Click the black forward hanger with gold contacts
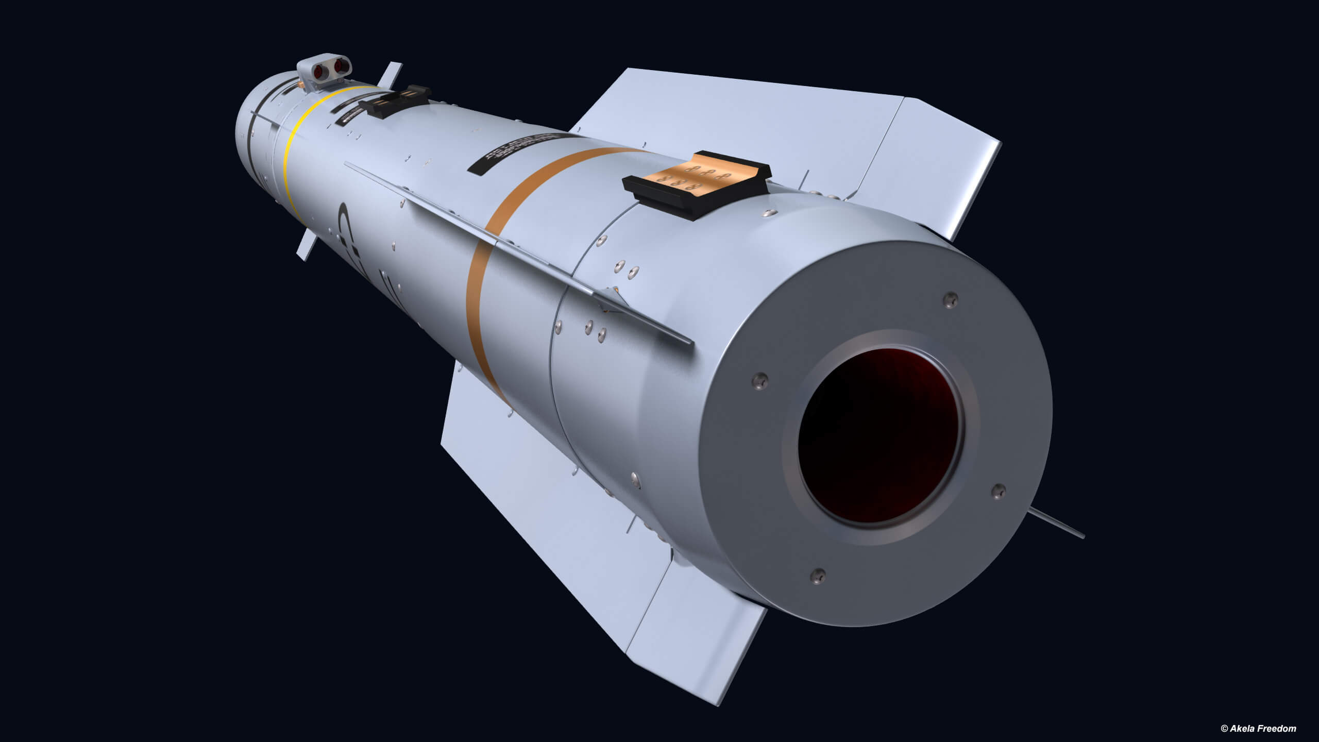tap(394, 101)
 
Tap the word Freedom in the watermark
tap(1276, 728)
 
